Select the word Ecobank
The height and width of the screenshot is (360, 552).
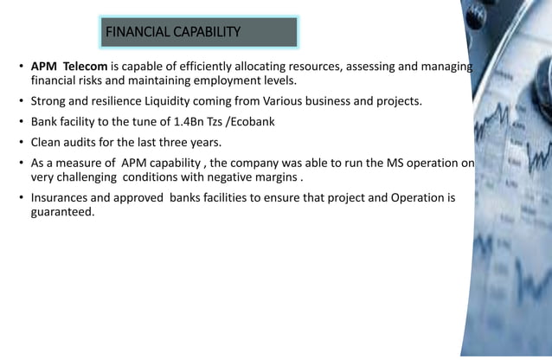[249, 121]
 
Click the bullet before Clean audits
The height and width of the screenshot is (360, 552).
[21, 142]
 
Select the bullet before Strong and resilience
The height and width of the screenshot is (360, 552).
[21, 101]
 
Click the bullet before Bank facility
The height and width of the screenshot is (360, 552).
[21, 121]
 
